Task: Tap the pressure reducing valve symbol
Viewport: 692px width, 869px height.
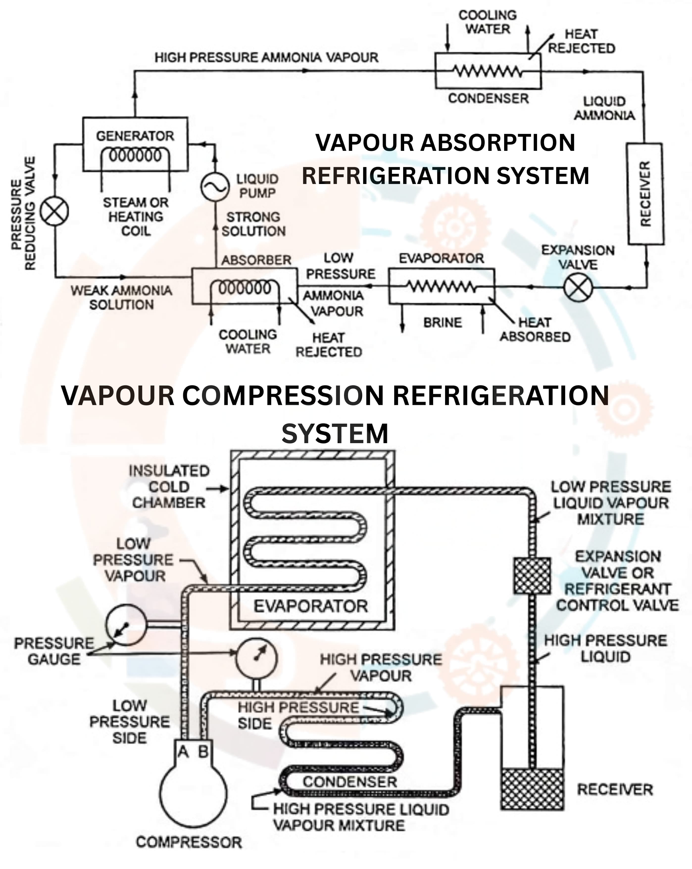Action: click(x=55, y=211)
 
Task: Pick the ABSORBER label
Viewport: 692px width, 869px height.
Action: click(x=256, y=260)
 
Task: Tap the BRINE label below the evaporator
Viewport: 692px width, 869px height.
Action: click(x=443, y=322)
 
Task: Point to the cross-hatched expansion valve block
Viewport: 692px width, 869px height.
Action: click(x=532, y=575)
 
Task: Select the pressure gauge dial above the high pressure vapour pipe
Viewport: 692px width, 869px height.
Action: click(x=257, y=657)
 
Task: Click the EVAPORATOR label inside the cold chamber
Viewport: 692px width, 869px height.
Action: click(x=311, y=606)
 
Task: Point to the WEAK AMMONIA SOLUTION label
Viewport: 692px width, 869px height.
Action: click(x=122, y=297)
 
